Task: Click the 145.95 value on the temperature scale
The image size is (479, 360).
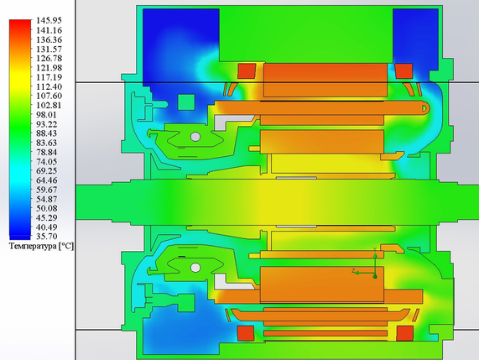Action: click(49, 20)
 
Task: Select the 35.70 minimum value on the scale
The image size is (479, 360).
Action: click(46, 237)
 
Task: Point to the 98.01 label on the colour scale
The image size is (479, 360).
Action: click(46, 115)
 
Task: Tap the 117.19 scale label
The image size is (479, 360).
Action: click(49, 77)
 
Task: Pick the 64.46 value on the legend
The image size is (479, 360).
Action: click(46, 180)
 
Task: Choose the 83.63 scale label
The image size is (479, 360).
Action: click(46, 143)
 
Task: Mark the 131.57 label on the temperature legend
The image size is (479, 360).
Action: click(49, 49)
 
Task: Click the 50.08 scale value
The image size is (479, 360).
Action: click(46, 208)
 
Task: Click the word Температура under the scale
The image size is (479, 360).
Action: click(33, 247)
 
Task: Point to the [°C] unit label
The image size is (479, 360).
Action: click(65, 247)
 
